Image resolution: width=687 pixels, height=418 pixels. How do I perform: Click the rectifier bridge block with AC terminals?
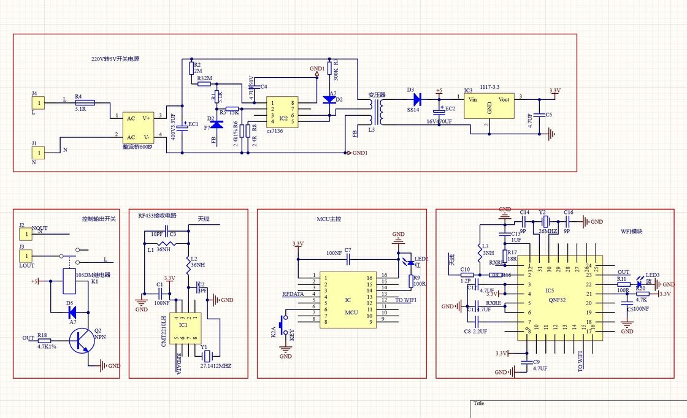click(x=139, y=127)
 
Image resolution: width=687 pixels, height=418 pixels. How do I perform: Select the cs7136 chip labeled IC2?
click(x=283, y=112)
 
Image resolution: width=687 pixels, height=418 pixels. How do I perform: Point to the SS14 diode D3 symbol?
click(x=418, y=98)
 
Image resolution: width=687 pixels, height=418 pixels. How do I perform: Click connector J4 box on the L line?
click(x=38, y=102)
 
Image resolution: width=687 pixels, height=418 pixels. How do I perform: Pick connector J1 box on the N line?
click(x=38, y=152)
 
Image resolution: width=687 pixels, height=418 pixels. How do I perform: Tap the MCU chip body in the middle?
click(x=347, y=300)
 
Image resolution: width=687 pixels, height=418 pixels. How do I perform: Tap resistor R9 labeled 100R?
click(x=410, y=281)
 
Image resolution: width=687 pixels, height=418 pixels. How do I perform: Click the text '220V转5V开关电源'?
click(x=115, y=59)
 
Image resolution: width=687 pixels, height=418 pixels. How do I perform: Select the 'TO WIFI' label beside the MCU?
click(x=406, y=300)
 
